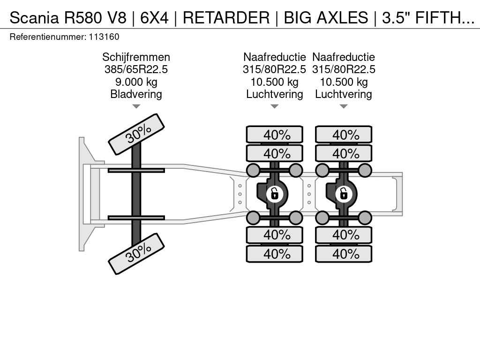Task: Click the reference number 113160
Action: pyautogui.click(x=104, y=37)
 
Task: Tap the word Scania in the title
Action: pyautogui.click(x=34, y=17)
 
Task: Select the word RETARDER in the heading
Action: pyautogui.click(x=226, y=17)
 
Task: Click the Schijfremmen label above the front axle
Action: pyautogui.click(x=136, y=57)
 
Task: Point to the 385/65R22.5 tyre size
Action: pyautogui.click(x=136, y=69)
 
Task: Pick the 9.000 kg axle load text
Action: pyautogui.click(x=136, y=82)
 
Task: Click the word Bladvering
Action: pyautogui.click(x=136, y=94)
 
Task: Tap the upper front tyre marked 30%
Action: pyautogui.click(x=136, y=134)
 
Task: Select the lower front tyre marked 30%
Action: pyautogui.click(x=136, y=254)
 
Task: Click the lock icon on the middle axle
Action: pyautogui.click(x=275, y=194)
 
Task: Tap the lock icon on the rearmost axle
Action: pyautogui.click(x=344, y=194)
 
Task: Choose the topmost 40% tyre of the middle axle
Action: pyautogui.click(x=275, y=135)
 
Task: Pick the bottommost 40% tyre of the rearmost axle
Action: pyautogui.click(x=344, y=254)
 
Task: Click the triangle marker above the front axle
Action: pyautogui.click(x=136, y=106)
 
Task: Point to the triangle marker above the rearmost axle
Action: pyautogui.click(x=344, y=106)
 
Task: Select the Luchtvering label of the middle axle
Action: pyautogui.click(x=275, y=94)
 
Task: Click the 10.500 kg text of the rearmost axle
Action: pyautogui.click(x=344, y=82)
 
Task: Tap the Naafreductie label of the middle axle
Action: pyautogui.click(x=275, y=57)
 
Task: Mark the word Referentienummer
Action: pyautogui.click(x=48, y=37)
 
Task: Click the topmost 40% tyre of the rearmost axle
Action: pyautogui.click(x=344, y=135)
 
